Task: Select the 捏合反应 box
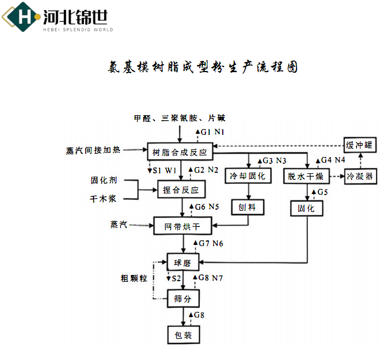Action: [x=180, y=190]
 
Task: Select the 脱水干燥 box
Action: [x=306, y=177]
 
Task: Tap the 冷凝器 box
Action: [x=361, y=177]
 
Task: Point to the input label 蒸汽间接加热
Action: [x=92, y=150]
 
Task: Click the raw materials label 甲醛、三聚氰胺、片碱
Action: [x=179, y=118]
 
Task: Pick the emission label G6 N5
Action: [x=206, y=207]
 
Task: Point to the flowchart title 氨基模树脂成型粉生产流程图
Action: [x=202, y=68]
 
